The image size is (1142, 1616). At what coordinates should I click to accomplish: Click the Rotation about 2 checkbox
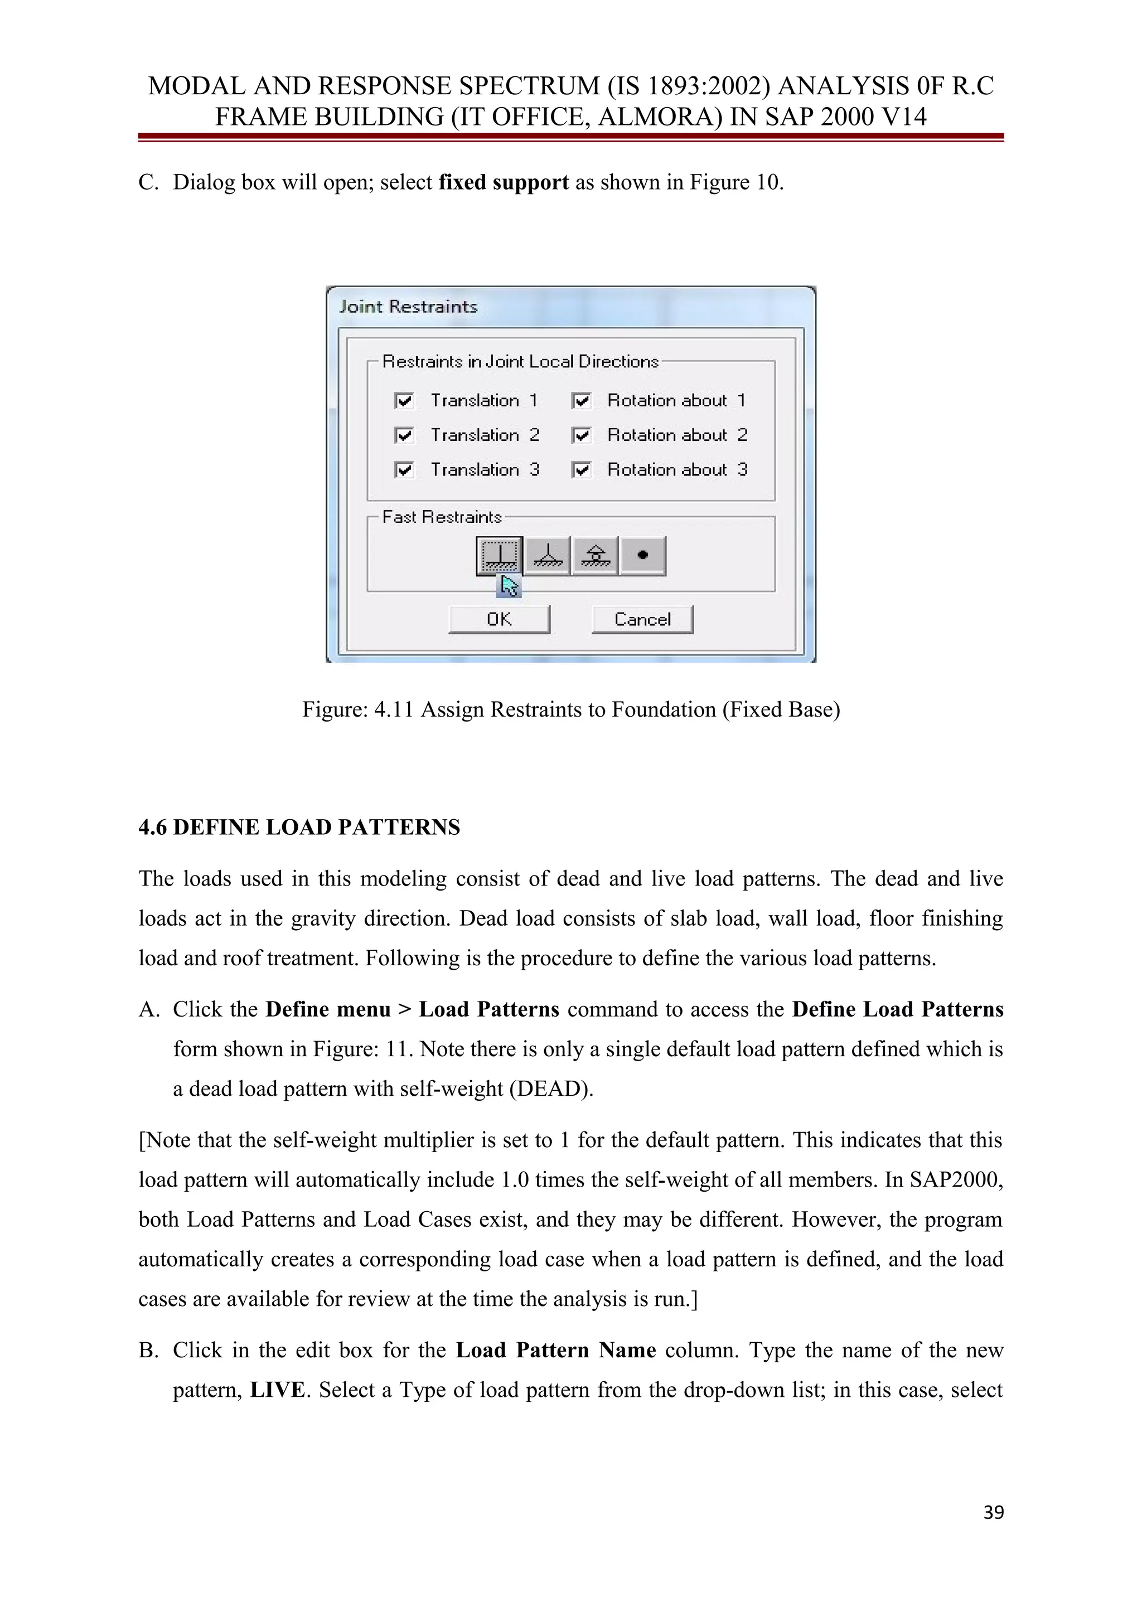[581, 436]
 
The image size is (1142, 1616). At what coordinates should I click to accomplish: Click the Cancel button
[642, 620]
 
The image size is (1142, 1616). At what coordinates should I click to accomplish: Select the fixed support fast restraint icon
[500, 556]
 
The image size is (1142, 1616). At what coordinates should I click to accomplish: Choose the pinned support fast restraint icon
[548, 556]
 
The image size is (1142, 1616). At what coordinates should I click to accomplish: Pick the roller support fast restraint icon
[596, 556]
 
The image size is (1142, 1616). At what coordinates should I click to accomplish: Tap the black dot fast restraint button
[642, 556]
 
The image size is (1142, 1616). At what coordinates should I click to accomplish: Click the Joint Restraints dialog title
[408, 307]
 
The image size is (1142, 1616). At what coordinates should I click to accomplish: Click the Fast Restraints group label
[441, 517]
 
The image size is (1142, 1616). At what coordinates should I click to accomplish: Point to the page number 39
[993, 1512]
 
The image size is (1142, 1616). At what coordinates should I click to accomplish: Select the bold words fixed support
[503, 182]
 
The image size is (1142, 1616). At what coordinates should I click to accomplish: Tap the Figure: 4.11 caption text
[570, 709]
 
